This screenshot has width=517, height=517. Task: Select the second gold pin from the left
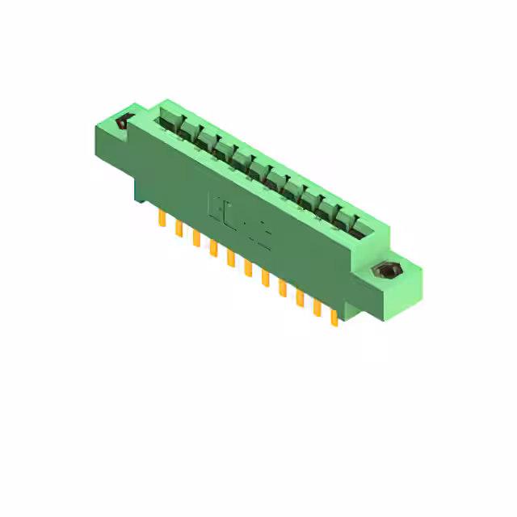coord(179,229)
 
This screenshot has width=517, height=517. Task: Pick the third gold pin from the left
coord(196,238)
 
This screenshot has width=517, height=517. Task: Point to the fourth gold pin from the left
coord(213,248)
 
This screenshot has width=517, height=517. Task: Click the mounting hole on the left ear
coord(124,123)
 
